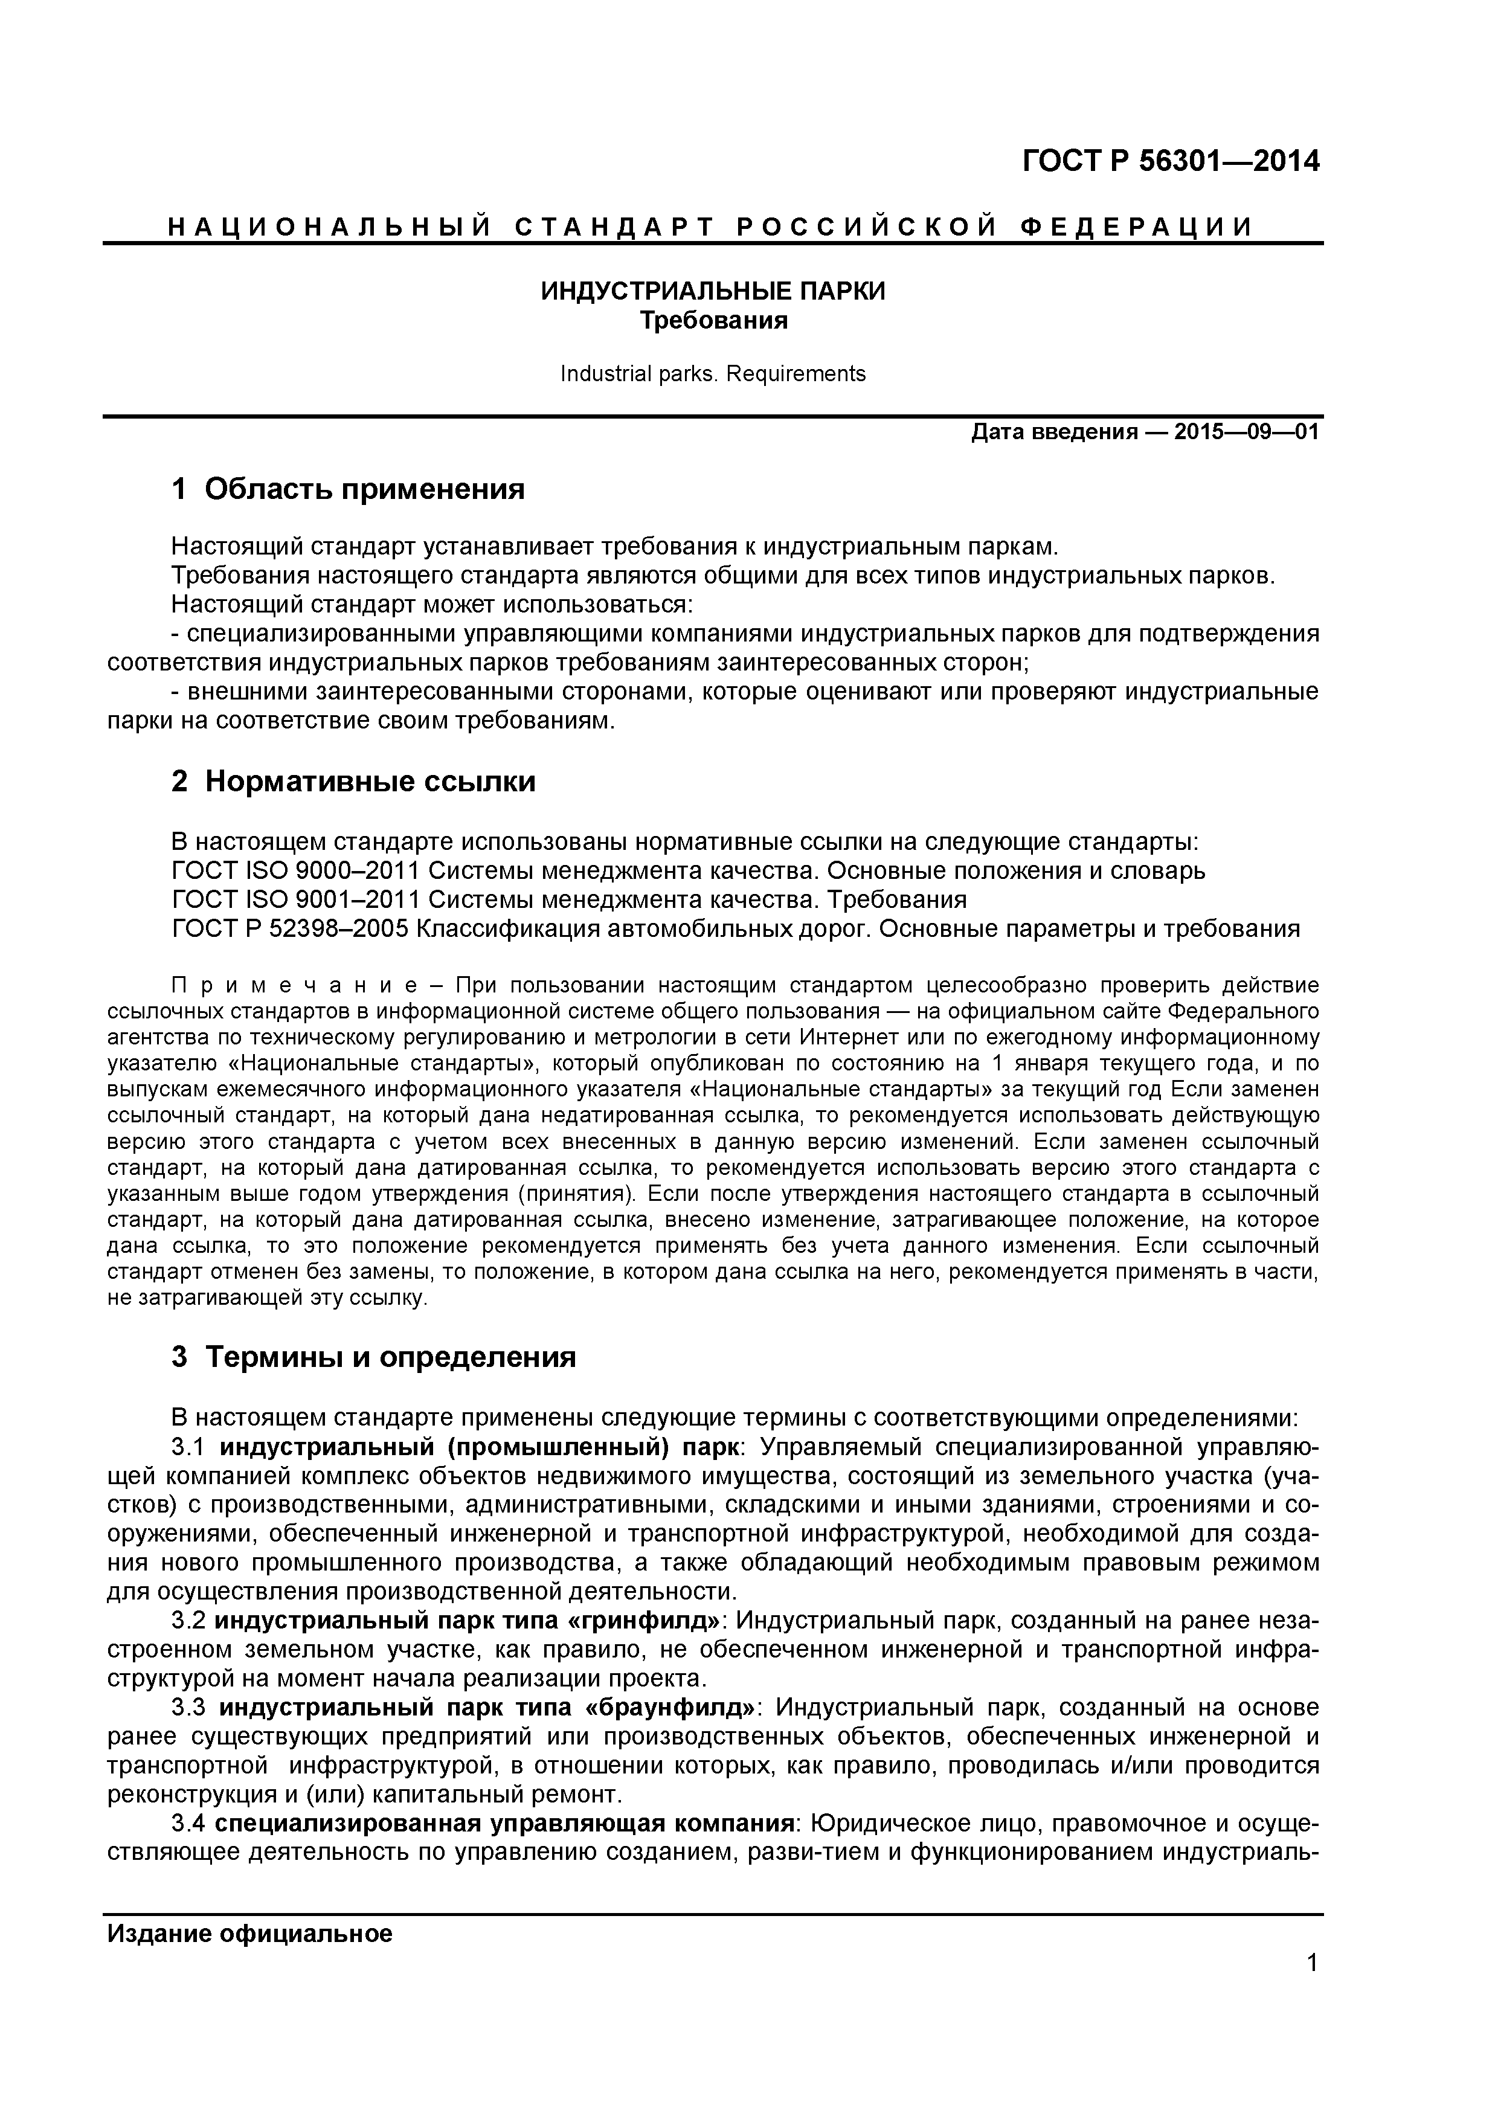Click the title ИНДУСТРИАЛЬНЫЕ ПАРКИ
(x=713, y=292)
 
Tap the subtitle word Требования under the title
(x=713, y=321)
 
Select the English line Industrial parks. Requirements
(x=713, y=374)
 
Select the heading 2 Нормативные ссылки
(x=353, y=782)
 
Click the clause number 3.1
(x=189, y=1445)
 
